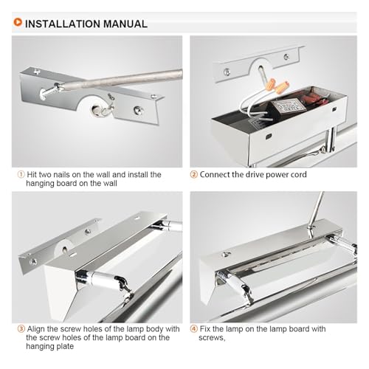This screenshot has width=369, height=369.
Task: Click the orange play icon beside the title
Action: pos(18,22)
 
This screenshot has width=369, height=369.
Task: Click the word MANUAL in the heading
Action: pos(125,24)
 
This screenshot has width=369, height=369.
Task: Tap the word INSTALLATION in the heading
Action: pos(63,24)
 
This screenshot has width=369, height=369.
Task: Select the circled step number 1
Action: pos(21,174)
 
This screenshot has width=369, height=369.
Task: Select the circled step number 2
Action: pos(194,174)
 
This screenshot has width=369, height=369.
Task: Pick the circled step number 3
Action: pos(21,328)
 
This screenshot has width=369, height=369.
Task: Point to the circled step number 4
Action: pos(194,328)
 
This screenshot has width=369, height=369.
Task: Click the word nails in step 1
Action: pos(61,174)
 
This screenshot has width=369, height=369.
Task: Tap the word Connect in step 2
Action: pos(215,174)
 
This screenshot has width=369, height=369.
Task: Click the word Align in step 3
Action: pos(35,329)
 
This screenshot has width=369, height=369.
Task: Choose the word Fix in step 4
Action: pos(205,328)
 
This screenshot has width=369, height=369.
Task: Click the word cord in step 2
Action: pos(298,174)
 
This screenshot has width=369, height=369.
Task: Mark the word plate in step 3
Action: pos(66,346)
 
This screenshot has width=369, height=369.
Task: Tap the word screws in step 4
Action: pos(212,338)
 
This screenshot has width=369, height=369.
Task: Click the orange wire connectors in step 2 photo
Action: pos(277,86)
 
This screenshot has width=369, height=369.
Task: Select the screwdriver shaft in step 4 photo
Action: pos(317,210)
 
